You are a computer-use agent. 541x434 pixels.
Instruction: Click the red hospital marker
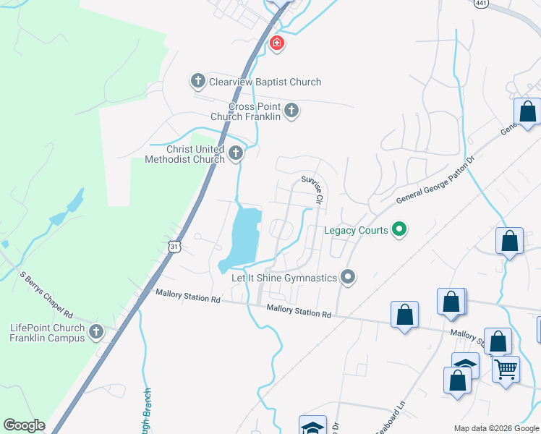tap(276, 44)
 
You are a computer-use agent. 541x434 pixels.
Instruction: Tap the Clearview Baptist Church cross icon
tap(198, 82)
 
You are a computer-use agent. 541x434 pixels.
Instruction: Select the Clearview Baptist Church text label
tap(265, 82)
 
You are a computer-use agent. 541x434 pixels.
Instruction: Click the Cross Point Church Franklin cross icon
tap(291, 111)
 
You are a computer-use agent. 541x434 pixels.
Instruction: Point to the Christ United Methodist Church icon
tap(236, 153)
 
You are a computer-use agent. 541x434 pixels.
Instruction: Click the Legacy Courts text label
tap(355, 230)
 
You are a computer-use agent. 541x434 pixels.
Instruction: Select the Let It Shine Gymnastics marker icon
tap(349, 277)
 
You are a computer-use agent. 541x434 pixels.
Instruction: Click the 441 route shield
tap(482, 4)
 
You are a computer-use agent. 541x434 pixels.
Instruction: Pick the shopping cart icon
tap(506, 369)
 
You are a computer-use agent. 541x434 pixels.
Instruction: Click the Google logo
tap(24, 425)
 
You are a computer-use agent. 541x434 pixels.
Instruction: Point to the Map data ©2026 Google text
tap(497, 428)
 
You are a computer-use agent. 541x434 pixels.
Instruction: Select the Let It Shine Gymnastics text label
tap(284, 278)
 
